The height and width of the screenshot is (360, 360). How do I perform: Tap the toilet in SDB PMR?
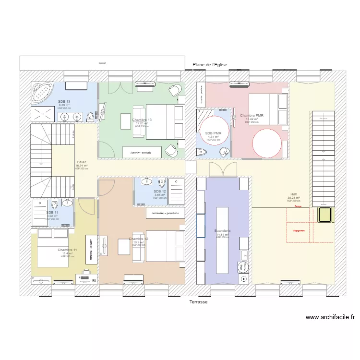tap(202, 153)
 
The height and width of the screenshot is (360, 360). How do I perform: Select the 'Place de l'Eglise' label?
tap(209, 65)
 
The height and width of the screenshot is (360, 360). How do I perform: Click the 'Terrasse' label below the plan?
tap(198, 302)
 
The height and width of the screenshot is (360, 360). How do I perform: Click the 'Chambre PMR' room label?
tap(252, 116)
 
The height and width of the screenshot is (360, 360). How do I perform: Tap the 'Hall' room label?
tap(293, 194)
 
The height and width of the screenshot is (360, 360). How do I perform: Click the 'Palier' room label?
tap(81, 162)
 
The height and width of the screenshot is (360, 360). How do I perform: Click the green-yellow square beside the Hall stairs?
tap(325, 215)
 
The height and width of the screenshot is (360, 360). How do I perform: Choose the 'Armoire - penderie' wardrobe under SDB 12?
tap(165, 213)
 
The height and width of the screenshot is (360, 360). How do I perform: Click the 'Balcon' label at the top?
tap(102, 63)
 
